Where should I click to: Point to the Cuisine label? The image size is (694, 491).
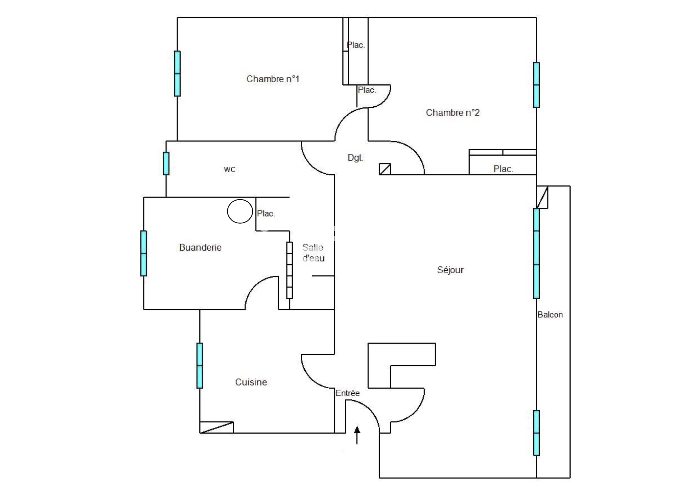click(251, 382)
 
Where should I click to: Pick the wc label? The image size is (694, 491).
click(229, 169)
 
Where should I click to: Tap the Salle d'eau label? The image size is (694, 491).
click(313, 253)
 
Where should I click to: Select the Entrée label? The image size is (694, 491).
click(348, 393)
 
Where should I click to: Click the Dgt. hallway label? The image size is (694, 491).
click(355, 158)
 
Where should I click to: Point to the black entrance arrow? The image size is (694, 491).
click(357, 435)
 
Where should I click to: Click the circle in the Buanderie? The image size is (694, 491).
click(240, 211)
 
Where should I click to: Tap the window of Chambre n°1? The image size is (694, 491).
click(177, 74)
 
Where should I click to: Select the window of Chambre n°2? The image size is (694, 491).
click(537, 85)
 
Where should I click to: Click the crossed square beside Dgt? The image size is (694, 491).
click(385, 169)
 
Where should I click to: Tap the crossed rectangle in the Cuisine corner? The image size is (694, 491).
click(217, 427)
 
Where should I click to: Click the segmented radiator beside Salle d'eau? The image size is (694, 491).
click(290, 270)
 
